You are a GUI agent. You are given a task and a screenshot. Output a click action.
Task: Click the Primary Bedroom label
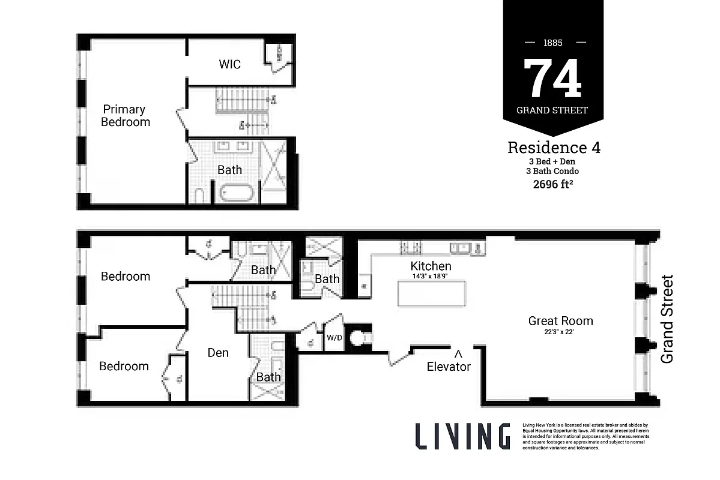[125, 115]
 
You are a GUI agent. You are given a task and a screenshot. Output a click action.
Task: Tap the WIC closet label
[229, 64]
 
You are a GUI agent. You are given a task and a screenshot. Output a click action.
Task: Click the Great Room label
[560, 321]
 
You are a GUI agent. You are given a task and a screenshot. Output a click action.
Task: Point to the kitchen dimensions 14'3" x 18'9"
[431, 276]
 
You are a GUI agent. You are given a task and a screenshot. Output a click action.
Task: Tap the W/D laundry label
[333, 337]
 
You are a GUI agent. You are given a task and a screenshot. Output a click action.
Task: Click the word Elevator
[449, 366]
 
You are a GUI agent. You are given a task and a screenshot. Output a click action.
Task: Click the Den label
[218, 353]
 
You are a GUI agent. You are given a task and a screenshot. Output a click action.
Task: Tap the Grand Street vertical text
[667, 319]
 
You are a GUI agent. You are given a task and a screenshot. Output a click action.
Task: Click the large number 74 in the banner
[552, 79]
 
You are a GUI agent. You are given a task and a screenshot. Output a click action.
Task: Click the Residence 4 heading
[554, 147]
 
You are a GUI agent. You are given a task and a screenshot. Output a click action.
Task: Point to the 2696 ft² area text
[554, 184]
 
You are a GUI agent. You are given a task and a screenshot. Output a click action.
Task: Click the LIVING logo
[462, 436]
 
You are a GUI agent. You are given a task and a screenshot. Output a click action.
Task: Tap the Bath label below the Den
[268, 377]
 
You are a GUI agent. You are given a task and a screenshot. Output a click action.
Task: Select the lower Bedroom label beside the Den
[124, 366]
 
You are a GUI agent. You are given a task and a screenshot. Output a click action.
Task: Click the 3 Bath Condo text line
[554, 172]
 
